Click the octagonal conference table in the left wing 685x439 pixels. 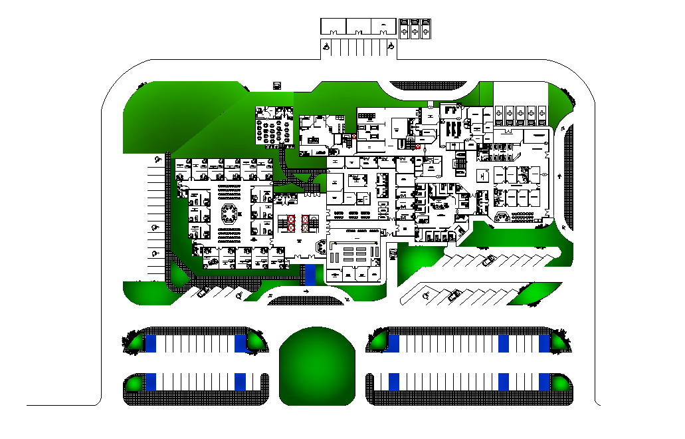229,214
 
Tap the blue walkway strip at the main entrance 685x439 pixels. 310,274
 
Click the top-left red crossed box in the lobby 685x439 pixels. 291,219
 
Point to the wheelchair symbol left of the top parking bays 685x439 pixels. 326,47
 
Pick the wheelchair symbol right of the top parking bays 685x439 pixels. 391,47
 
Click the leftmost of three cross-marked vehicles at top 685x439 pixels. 405,29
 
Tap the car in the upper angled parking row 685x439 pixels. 489,259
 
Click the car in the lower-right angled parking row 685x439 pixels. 454,295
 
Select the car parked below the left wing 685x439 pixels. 203,291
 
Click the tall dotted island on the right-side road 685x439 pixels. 569,173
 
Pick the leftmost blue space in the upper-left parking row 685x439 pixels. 151,343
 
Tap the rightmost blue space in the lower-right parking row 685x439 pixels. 545,382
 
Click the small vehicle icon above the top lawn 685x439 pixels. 276,85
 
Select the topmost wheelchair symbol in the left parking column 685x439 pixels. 157,159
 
